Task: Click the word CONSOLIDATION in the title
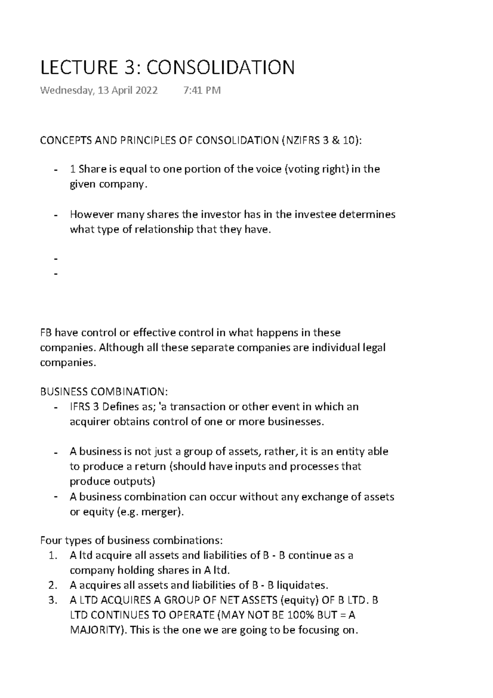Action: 221,67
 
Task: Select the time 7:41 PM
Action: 200,90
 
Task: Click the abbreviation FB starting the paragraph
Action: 46,332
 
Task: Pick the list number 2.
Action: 52,585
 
